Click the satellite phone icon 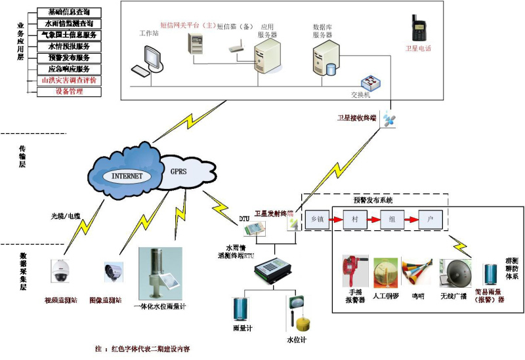pyautogui.click(x=418, y=29)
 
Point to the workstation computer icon pyautogui.click(x=146, y=62)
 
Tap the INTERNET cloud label pyautogui.click(x=126, y=176)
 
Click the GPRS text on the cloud pyautogui.click(x=179, y=171)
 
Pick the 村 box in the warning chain pyautogui.click(x=355, y=218)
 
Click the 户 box pyautogui.click(x=430, y=218)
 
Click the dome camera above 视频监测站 pyautogui.click(x=60, y=271)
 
